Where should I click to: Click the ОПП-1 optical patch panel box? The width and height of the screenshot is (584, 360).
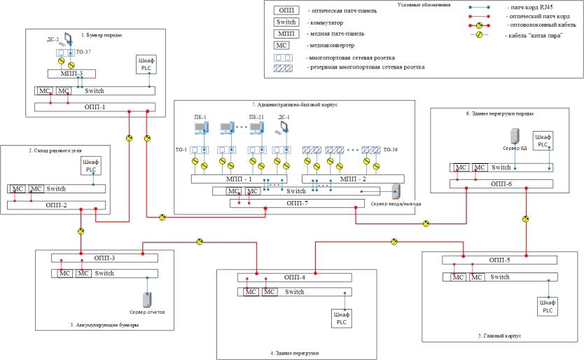(95, 107)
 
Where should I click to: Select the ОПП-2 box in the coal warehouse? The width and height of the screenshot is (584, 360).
(57, 205)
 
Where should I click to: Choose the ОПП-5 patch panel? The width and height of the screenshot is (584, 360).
(499, 260)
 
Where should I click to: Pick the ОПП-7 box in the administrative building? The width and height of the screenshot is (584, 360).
(298, 204)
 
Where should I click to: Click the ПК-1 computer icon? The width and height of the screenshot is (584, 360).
(200, 127)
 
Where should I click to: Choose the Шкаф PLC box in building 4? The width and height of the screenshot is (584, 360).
(341, 318)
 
